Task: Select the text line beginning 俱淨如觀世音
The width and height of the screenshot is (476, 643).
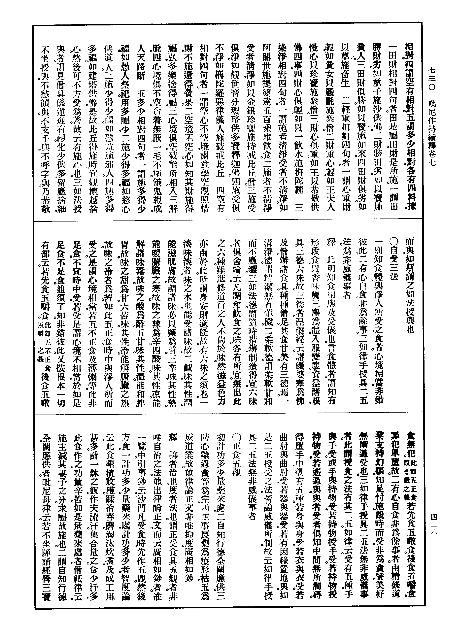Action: pos(235,127)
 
